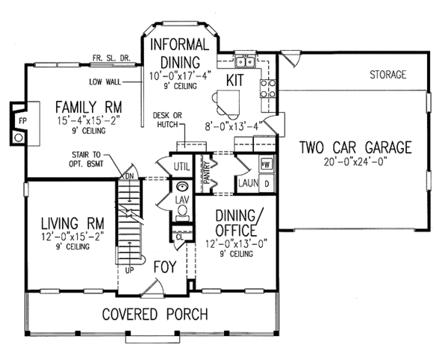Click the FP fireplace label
pyautogui.click(x=22, y=121)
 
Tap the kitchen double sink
pyautogui.click(x=245, y=61)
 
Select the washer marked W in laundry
pyautogui.click(x=267, y=164)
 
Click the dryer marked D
pyautogui.click(x=267, y=184)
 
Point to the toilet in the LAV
pyautogui.click(x=181, y=213)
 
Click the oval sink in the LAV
pyautogui.click(x=181, y=187)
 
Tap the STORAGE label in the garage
pyautogui.click(x=388, y=75)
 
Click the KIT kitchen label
pyautogui.click(x=235, y=80)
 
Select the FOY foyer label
pyautogui.click(x=165, y=267)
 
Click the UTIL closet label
pyautogui.click(x=181, y=167)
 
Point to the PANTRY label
pyautogui.click(x=207, y=173)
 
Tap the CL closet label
pyautogui.click(x=179, y=237)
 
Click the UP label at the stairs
pyautogui.click(x=129, y=270)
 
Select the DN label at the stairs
pyautogui.click(x=129, y=176)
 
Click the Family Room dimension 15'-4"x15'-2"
pyautogui.click(x=88, y=120)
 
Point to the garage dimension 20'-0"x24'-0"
pyautogui.click(x=355, y=162)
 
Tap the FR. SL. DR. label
pyautogui.click(x=111, y=58)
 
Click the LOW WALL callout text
pyautogui.click(x=105, y=82)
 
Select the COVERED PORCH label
pyautogui.click(x=155, y=314)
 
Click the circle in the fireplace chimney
pyautogui.click(x=18, y=138)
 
